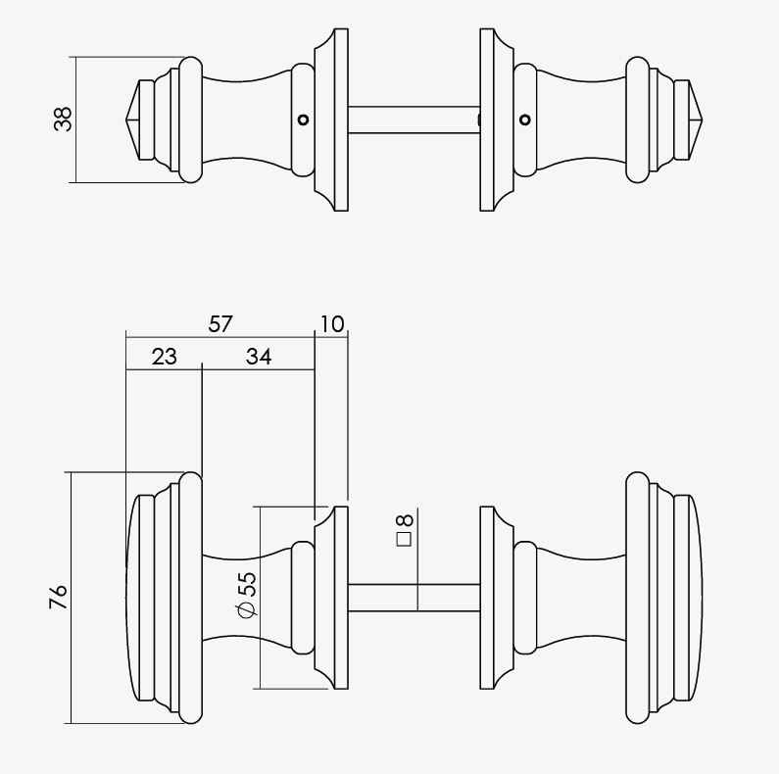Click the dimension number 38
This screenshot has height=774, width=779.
[x=63, y=120]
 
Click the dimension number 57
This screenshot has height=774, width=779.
[x=220, y=324]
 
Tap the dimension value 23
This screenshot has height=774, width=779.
[x=164, y=357]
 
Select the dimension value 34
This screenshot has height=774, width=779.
[x=259, y=357]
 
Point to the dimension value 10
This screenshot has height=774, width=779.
[x=332, y=324]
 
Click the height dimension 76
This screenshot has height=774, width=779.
[x=58, y=597]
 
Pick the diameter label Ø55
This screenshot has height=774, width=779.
[x=247, y=595]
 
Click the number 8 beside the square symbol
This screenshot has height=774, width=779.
[x=405, y=520]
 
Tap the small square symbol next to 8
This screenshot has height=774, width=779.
[x=405, y=540]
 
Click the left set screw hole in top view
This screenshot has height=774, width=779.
[x=303, y=120]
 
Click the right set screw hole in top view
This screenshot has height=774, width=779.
[x=525, y=120]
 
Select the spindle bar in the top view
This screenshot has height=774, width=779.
[x=414, y=120]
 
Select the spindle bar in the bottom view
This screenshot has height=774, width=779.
[x=414, y=598]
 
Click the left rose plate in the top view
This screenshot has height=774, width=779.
[x=331, y=120]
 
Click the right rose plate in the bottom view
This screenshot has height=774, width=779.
[x=497, y=598]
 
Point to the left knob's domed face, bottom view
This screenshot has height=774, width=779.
[x=131, y=598]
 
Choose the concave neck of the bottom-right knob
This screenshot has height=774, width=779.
[x=581, y=598]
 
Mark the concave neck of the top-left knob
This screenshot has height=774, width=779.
[x=246, y=120]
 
